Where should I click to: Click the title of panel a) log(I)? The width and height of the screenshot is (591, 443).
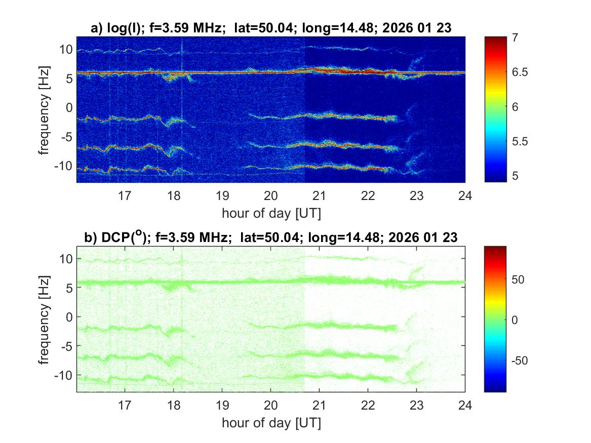pyautogui.click(x=271, y=29)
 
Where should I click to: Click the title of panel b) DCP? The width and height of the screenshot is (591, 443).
pyautogui.click(x=271, y=237)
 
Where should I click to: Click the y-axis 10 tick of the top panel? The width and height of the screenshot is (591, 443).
pyautogui.click(x=65, y=49)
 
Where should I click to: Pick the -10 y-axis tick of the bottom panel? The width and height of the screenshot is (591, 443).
pyautogui.click(x=63, y=375)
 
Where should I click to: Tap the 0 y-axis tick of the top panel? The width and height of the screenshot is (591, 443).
pyautogui.click(x=68, y=107)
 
